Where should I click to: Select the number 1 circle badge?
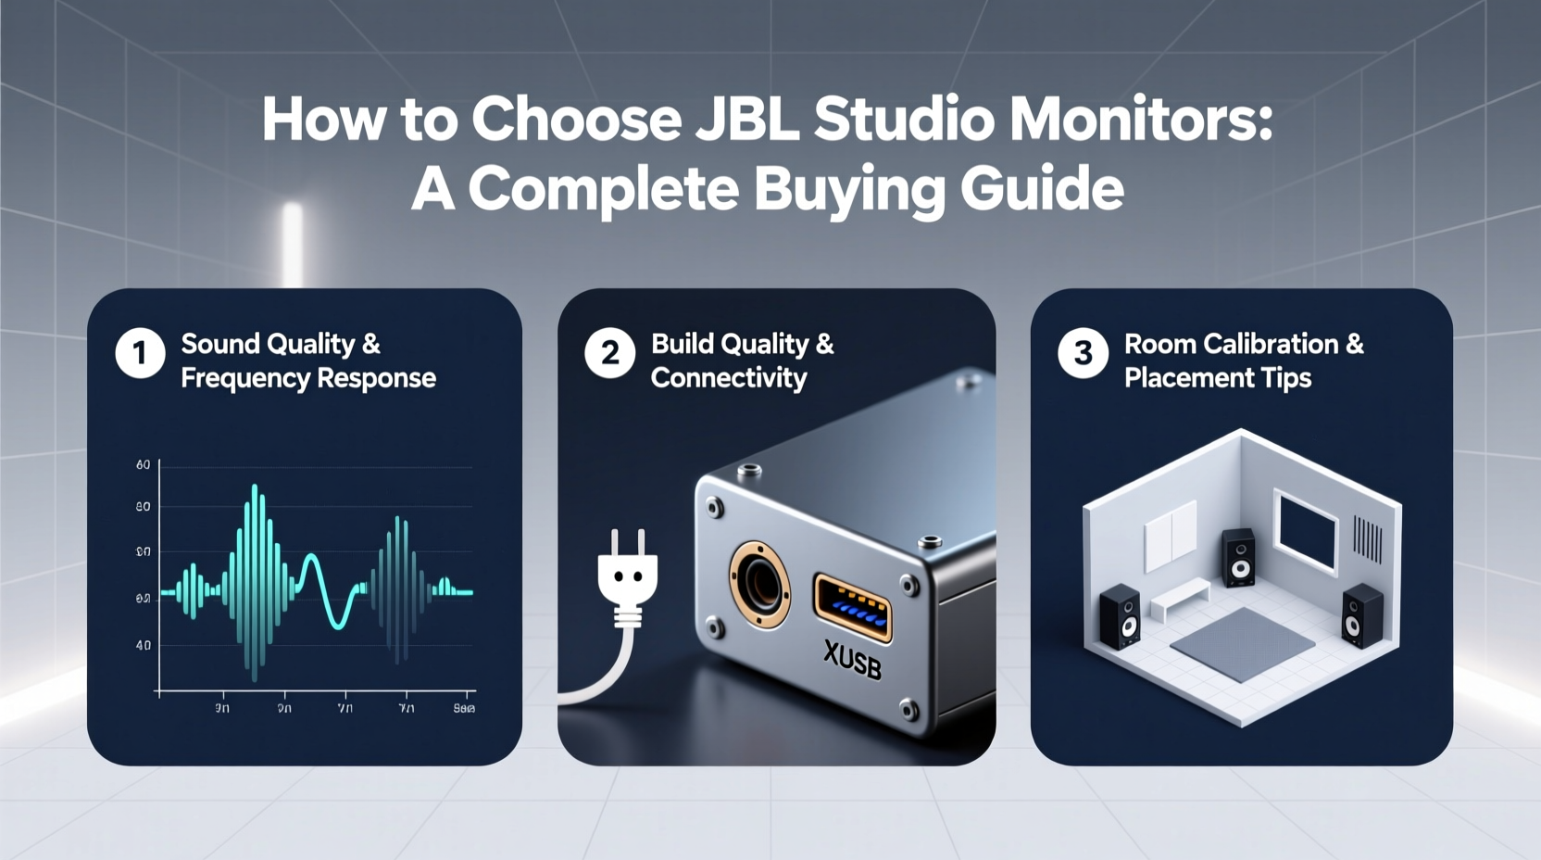140,353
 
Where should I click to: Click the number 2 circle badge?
609,353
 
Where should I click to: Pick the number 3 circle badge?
1083,353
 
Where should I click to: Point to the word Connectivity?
729,378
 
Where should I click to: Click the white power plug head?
627,575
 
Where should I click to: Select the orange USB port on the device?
852,608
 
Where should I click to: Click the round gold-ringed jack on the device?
759,585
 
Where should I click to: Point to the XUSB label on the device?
852,661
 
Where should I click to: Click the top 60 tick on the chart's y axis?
143,464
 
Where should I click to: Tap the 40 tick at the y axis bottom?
143,645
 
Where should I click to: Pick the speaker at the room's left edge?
1121,616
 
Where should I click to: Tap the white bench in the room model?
1179,599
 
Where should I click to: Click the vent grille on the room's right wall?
1368,538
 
